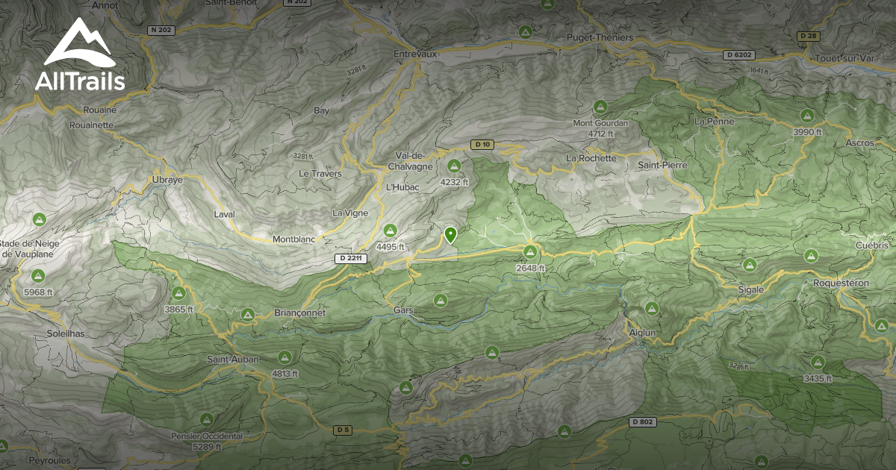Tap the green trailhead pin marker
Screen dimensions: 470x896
tap(450, 235)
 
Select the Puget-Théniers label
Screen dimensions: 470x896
tap(600, 37)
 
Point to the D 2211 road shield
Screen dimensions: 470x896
tap(349, 258)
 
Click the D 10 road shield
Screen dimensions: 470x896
tap(482, 144)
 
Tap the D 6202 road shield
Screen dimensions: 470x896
tap(739, 54)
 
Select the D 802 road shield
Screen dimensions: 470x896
tap(641, 422)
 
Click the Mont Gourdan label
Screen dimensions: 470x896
tap(600, 123)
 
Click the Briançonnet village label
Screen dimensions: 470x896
tap(300, 313)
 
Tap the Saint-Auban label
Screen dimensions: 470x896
tap(233, 360)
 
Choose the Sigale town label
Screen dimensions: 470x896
tap(751, 289)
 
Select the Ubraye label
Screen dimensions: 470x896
tap(167, 180)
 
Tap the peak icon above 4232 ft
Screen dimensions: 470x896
tap(454, 166)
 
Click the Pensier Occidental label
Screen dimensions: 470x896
tap(207, 436)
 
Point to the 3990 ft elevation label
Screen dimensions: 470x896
tap(807, 132)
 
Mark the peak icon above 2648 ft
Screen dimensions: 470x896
tap(530, 251)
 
